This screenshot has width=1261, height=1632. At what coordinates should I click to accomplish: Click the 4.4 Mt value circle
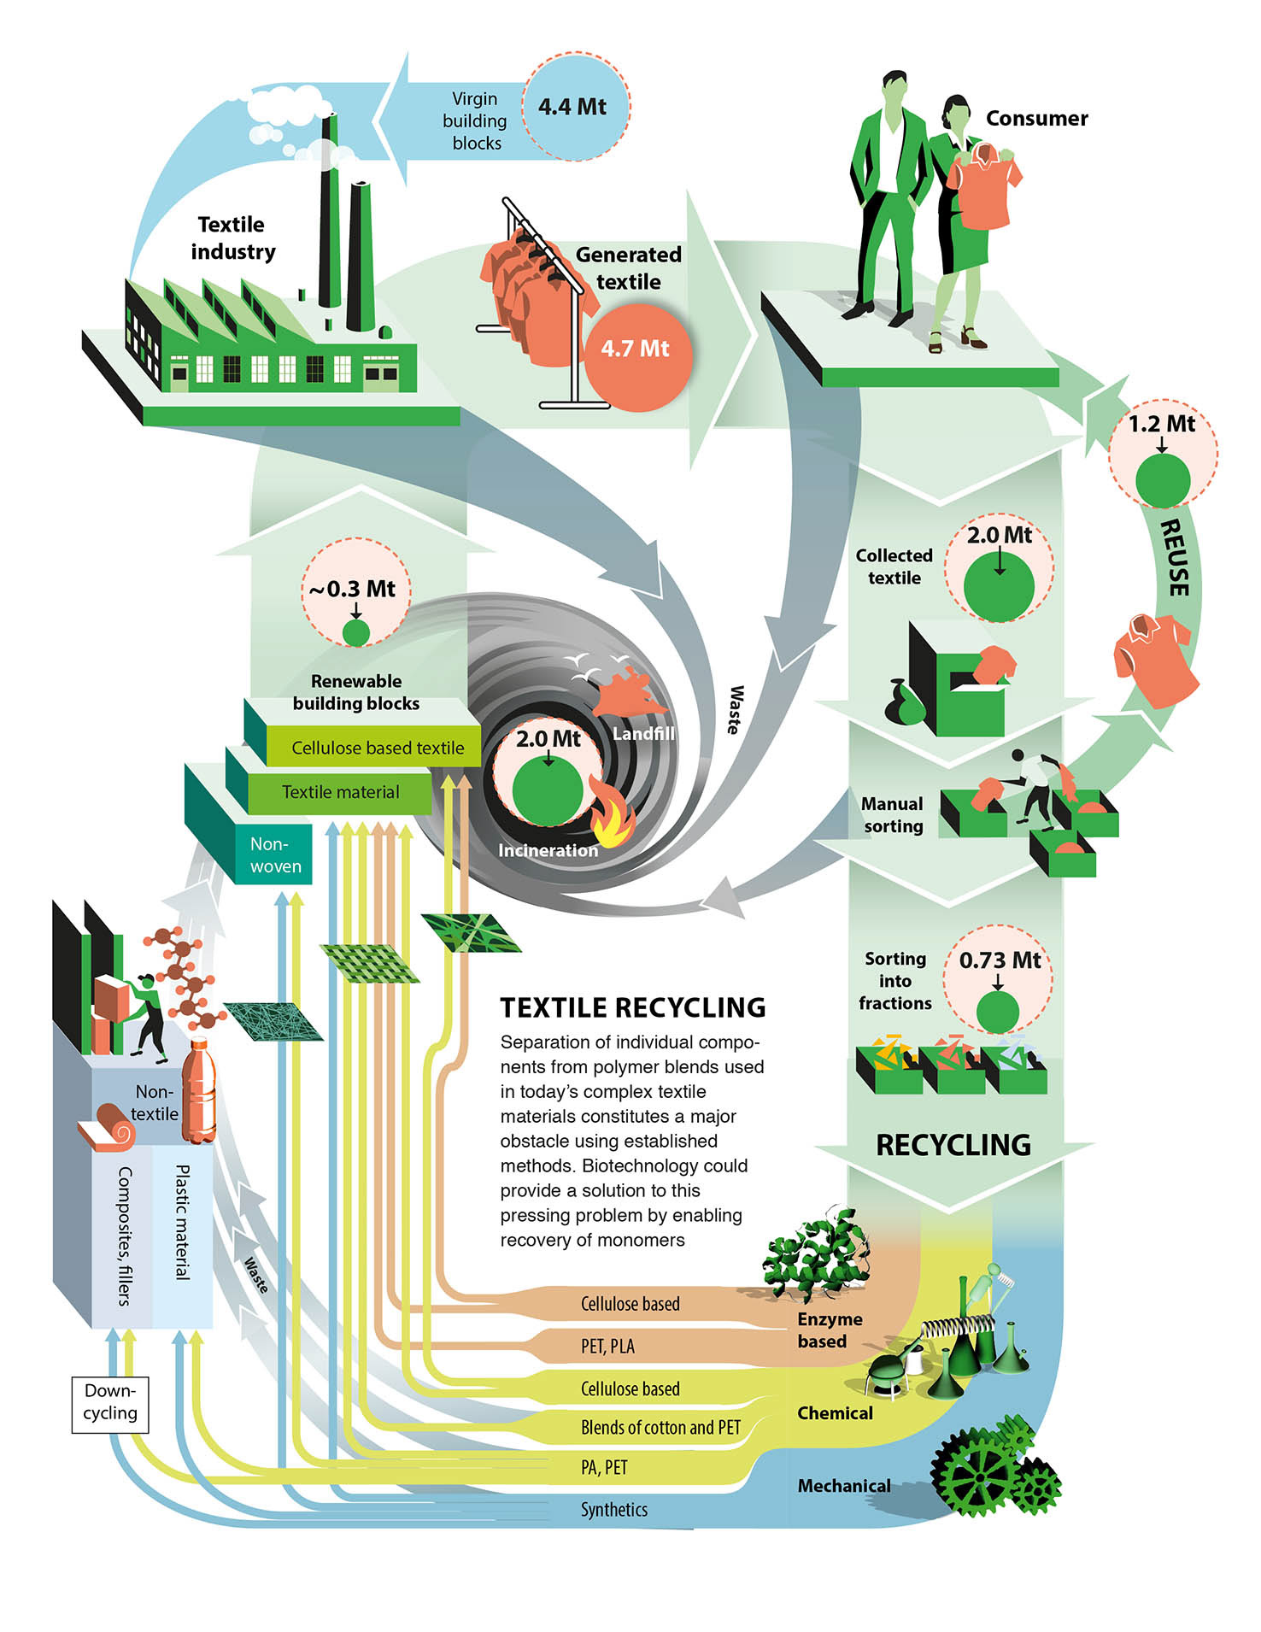click(x=573, y=107)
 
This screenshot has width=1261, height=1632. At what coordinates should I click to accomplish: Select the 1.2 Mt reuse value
click(x=1162, y=424)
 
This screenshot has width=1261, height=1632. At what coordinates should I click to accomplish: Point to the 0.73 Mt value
click(x=1000, y=960)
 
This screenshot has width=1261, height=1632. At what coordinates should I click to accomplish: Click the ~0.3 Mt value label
click(x=353, y=589)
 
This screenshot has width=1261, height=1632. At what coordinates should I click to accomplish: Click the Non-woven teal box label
click(x=275, y=854)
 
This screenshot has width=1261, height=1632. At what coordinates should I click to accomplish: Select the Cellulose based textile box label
click(x=378, y=748)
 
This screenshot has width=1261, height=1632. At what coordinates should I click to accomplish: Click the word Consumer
click(x=1036, y=118)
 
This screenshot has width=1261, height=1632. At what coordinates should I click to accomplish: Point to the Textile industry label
click(x=232, y=238)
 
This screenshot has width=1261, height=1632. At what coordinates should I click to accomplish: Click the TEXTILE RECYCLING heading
click(x=632, y=1007)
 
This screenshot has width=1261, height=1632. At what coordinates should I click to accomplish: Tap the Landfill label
click(x=643, y=733)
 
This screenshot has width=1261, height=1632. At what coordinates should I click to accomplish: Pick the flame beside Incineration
click(x=614, y=819)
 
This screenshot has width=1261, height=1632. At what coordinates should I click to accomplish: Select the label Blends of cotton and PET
click(x=660, y=1427)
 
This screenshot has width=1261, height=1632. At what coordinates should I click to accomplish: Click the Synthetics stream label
click(x=613, y=1510)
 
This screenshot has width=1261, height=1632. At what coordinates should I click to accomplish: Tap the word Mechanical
click(x=843, y=1486)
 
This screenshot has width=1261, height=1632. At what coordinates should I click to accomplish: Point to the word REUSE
click(x=1178, y=557)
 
